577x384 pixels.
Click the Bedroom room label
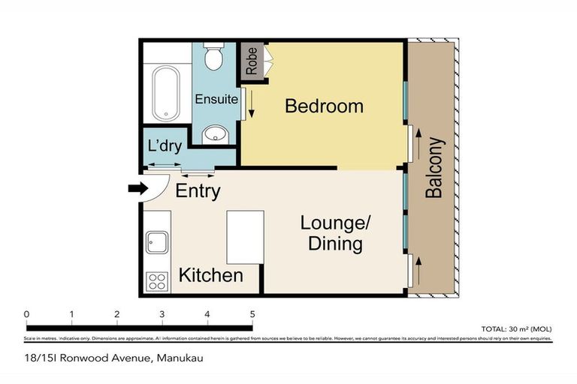coord(324,106)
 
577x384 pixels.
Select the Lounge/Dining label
coord(336,233)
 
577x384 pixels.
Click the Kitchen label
coord(210,275)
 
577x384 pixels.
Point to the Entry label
coord(198,191)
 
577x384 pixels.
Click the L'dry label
coord(165,147)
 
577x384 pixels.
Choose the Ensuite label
coord(216,99)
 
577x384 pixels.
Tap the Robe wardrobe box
coord(250,61)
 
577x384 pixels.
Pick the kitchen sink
coord(157,242)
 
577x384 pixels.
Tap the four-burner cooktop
coord(157,282)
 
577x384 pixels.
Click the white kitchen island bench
coord(246,236)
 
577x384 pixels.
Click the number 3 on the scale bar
coord(162,314)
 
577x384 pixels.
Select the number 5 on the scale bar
coord(252,314)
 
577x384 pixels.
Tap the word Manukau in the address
coord(180,358)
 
